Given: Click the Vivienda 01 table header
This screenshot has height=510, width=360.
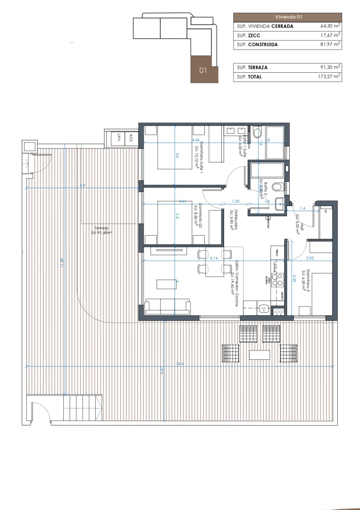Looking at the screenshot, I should (288, 17).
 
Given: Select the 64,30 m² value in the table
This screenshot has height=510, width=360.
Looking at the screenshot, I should (330, 26).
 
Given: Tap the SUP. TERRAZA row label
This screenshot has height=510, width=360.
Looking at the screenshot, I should (252, 68).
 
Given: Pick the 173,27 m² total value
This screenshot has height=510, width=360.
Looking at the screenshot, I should (329, 76).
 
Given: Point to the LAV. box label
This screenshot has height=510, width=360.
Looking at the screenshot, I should (118, 137).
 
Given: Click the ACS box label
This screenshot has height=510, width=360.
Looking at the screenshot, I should (131, 137).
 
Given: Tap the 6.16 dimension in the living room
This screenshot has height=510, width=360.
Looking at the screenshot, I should (213, 258).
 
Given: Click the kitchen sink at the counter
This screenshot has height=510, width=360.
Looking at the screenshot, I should (262, 310).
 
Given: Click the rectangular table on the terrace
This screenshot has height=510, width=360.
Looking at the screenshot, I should (260, 354).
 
